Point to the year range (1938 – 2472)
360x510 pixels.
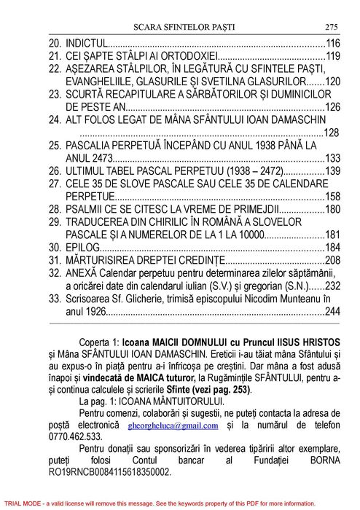[x=259, y=171]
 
